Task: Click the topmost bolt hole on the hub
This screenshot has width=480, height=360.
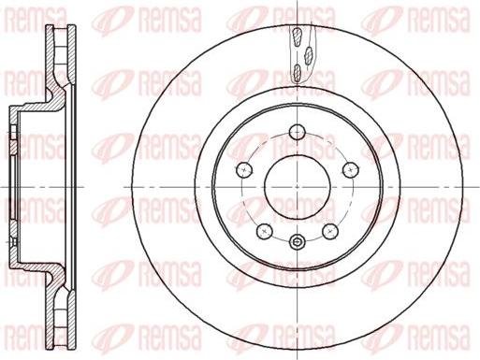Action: pyautogui.click(x=297, y=130)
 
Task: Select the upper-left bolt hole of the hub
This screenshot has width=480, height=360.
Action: pyautogui.click(x=244, y=168)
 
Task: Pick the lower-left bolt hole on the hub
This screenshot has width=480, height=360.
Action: pyautogui.click(x=264, y=229)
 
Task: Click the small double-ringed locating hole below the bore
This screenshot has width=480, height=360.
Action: pyautogui.click(x=297, y=243)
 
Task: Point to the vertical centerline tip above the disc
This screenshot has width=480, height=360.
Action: pyautogui.click(x=297, y=5)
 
